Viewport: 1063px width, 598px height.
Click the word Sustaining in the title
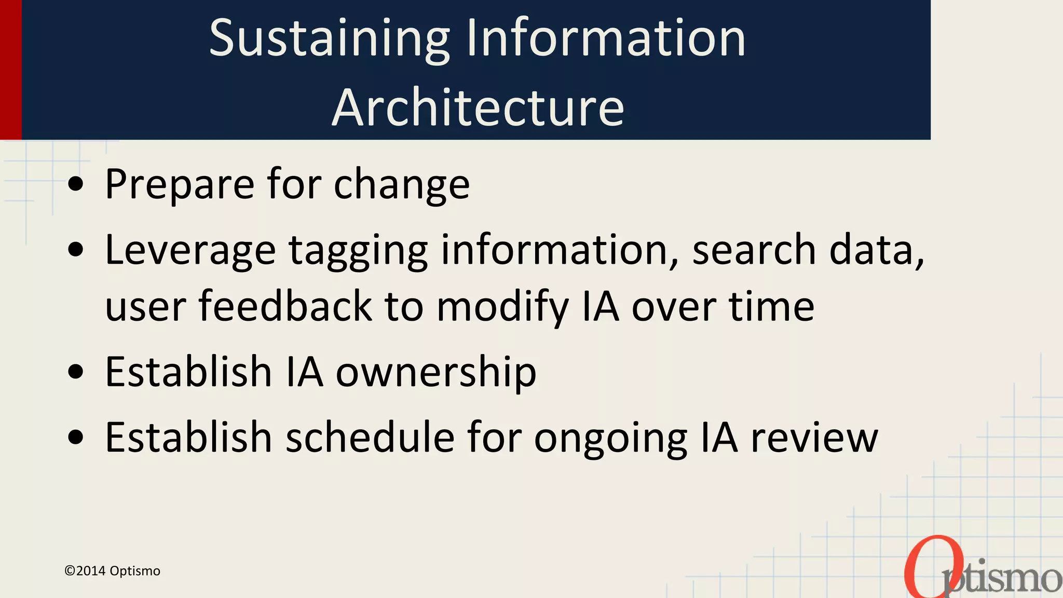[329, 38]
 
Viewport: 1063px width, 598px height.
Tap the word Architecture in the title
[478, 107]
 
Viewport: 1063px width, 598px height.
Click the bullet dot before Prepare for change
[76, 184]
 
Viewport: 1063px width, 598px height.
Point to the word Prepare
[180, 184]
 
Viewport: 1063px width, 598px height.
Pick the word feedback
[285, 306]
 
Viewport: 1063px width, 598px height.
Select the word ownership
[436, 373]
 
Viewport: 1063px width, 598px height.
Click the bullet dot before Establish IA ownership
[76, 372]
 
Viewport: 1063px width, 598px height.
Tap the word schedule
[370, 438]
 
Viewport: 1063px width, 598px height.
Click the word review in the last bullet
[814, 438]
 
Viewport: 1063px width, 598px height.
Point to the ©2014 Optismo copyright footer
[112, 571]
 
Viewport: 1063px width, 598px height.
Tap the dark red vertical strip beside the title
[10, 70]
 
